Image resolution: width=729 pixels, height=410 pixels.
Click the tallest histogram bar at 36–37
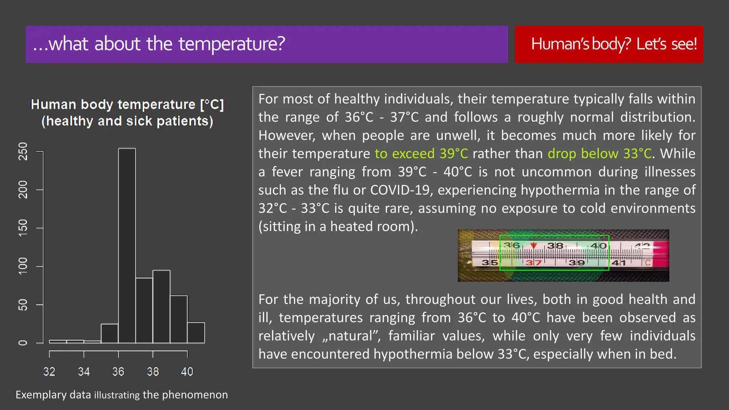point(127,246)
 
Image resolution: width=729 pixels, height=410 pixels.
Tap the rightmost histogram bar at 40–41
point(196,333)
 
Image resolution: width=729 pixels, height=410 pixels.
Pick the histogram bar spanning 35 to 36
point(110,333)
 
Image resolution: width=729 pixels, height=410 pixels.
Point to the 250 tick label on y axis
point(22,152)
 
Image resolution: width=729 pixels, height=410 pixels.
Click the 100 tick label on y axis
point(22,266)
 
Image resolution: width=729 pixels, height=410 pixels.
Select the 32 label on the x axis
point(49,372)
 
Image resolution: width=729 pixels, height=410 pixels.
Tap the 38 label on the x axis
point(153,372)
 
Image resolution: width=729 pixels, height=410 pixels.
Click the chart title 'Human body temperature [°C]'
point(127,105)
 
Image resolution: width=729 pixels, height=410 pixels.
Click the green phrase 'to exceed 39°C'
point(421,154)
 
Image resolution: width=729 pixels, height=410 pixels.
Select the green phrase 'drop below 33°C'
point(599,154)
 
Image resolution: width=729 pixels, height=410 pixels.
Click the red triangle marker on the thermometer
point(533,246)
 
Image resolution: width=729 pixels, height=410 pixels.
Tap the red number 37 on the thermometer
point(533,263)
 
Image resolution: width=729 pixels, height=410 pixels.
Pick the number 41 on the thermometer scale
point(619,263)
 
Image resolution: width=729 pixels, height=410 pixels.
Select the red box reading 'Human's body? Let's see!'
point(609,44)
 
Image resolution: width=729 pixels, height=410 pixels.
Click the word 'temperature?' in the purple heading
point(232,44)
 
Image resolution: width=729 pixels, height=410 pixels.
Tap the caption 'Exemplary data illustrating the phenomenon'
point(121,395)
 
